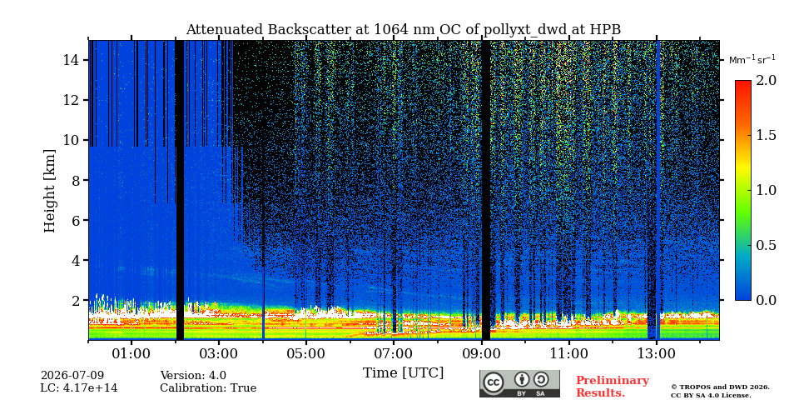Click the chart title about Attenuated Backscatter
403,30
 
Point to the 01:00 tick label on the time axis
132,353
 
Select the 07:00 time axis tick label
394,353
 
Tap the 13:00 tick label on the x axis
657,353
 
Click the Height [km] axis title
49,191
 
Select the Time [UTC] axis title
403,373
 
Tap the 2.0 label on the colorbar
766,81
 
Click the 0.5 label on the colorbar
766,245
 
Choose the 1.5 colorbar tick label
766,135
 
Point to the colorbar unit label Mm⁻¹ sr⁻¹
752,60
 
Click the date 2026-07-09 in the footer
72,376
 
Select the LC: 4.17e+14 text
79,388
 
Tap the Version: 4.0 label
193,376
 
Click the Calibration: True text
208,388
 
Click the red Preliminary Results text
613,387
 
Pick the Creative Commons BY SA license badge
519,383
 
